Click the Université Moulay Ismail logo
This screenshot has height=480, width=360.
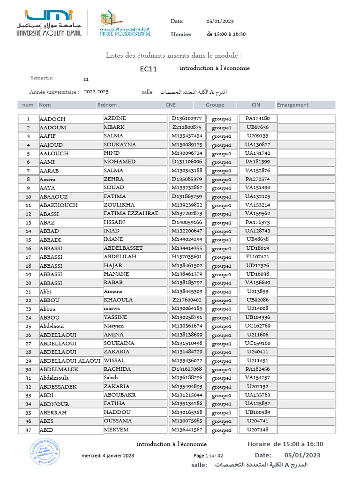pyautogui.click(x=49, y=23)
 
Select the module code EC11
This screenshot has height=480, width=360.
pyautogui.click(x=148, y=69)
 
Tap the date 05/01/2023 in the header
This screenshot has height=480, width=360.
pyautogui.click(x=220, y=21)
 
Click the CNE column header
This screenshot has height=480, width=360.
pyautogui.click(x=171, y=105)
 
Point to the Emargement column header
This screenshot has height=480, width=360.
pyautogui.click(x=292, y=105)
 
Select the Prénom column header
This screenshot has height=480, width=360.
pyautogui.click(x=107, y=105)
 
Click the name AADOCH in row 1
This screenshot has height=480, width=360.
pyautogui.click(x=52, y=119)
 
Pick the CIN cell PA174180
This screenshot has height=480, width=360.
pyautogui.click(x=257, y=119)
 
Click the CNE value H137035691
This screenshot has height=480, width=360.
pyautogui.click(x=187, y=257)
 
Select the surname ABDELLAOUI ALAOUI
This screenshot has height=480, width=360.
pyautogui.click(x=70, y=360)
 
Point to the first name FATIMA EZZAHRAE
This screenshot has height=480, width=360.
pyautogui.click(x=131, y=213)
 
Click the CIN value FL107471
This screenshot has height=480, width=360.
pyautogui.click(x=257, y=257)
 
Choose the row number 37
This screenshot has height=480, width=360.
pyautogui.click(x=28, y=430)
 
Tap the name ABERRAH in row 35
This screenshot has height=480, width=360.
pyautogui.click(x=53, y=412)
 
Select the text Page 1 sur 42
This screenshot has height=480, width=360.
pyautogui.click(x=208, y=456)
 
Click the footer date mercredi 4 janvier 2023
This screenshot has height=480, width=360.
pyautogui.click(x=108, y=456)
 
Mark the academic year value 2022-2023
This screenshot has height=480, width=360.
pyautogui.click(x=96, y=92)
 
